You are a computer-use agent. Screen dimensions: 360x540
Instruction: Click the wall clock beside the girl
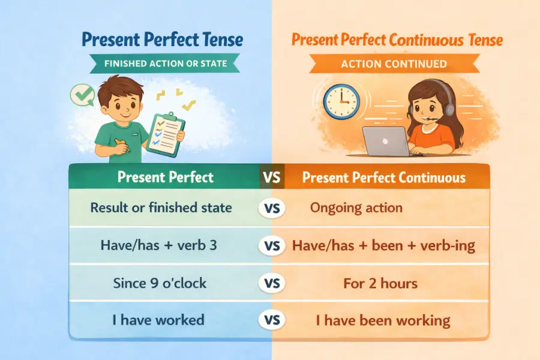coord(341,100)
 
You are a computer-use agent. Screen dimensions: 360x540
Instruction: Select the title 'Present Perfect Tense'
coord(163,40)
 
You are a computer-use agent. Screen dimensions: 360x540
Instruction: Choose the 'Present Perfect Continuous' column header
coord(383,178)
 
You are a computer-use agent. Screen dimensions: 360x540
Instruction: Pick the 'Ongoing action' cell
coord(356,208)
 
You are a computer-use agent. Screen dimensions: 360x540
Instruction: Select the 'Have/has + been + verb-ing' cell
coord(383,245)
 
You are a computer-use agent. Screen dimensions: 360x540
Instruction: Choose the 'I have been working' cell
coord(383,320)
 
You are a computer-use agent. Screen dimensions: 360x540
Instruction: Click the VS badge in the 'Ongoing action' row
coord(272,208)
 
